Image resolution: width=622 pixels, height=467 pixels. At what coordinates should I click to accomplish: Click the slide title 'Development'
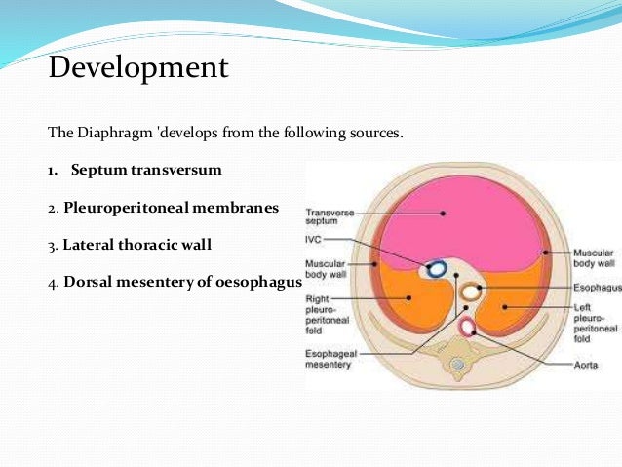point(137,68)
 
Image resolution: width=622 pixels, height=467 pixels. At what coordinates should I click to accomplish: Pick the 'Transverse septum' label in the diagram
point(329,215)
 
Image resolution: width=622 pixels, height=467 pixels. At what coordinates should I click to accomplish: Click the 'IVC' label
point(316,238)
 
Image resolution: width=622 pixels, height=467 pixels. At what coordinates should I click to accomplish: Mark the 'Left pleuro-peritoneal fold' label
point(593,322)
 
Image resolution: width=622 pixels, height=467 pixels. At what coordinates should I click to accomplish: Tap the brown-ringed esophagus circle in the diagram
point(472,291)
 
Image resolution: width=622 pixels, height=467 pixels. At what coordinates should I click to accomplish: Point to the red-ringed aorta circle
point(467,326)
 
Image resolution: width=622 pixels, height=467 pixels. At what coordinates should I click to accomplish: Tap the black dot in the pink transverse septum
point(442,212)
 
